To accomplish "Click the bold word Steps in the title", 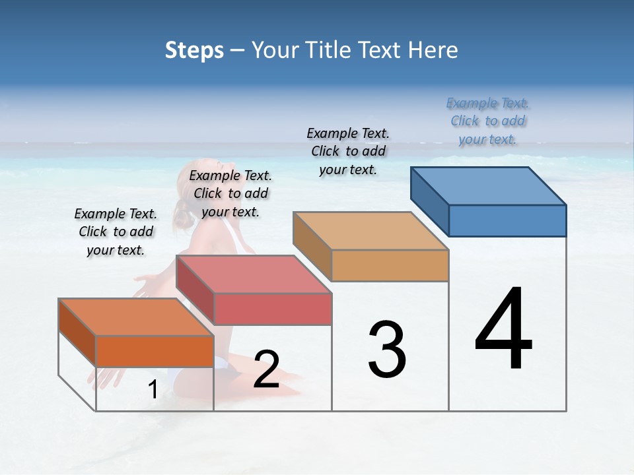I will [x=194, y=50].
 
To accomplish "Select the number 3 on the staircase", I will [x=387, y=350].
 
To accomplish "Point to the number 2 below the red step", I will [x=266, y=369].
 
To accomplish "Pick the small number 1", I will [x=153, y=390].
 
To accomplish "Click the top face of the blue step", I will [x=489, y=186].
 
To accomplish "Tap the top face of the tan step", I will [x=371, y=231].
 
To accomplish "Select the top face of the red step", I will [x=254, y=274].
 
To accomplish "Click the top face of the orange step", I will [x=137, y=317].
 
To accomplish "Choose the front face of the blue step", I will [x=507, y=220].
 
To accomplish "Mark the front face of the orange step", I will [x=155, y=352].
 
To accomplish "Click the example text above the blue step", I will [x=487, y=121].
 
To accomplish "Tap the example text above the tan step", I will [x=348, y=151].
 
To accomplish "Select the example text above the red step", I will [x=230, y=193].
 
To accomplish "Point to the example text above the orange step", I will [x=116, y=232].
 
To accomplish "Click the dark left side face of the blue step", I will [x=429, y=195].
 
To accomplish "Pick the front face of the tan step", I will [x=390, y=266].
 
